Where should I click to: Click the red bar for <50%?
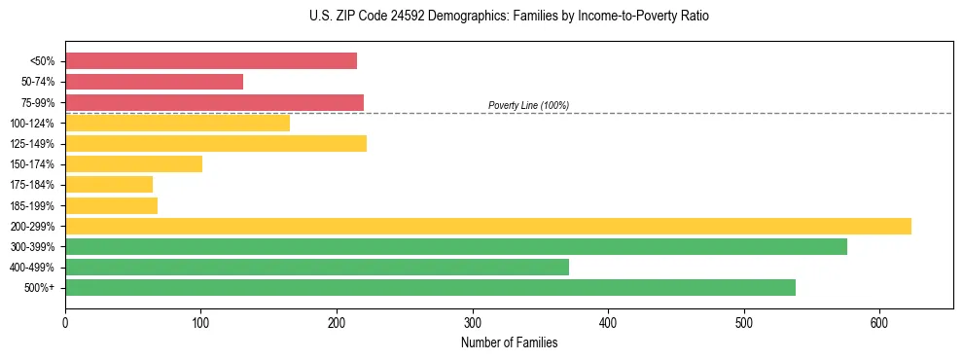210,61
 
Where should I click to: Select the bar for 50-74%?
154,82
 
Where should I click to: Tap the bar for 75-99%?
214,102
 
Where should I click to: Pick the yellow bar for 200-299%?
487,226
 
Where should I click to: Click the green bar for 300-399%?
455,246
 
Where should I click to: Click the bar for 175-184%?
109,184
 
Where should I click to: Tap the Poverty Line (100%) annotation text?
528,105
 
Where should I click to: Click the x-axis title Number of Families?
509,342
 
